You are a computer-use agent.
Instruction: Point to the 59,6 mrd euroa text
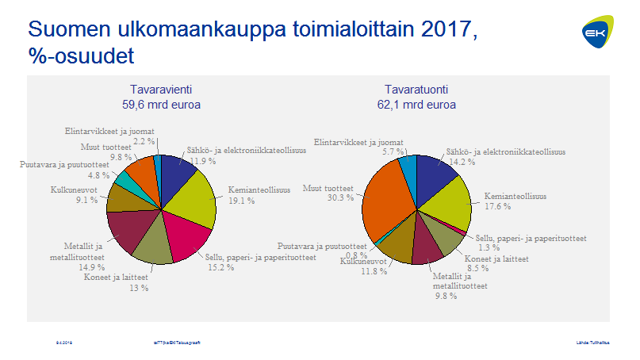point(161,104)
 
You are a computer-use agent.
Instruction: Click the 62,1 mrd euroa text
point(417,104)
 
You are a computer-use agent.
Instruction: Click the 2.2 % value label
point(144,140)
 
